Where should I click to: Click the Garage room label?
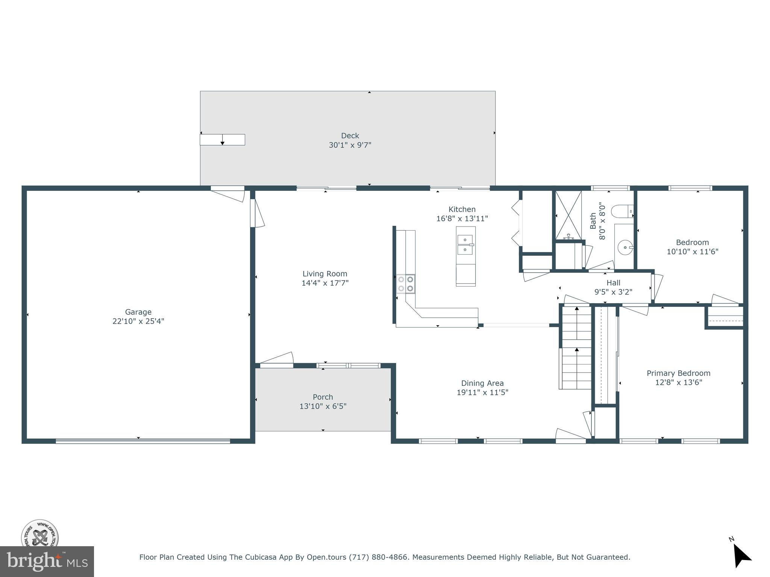pyautogui.click(x=138, y=312)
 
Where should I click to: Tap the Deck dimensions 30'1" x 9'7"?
pyautogui.click(x=350, y=145)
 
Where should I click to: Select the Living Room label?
pyautogui.click(x=325, y=274)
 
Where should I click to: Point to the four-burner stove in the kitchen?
pyautogui.click(x=406, y=284)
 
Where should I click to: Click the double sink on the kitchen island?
pyautogui.click(x=465, y=245)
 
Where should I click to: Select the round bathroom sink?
pyautogui.click(x=625, y=247)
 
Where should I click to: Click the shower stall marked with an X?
pyautogui.click(x=568, y=215)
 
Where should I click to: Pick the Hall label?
pyautogui.click(x=613, y=283)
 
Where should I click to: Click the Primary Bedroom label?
pyautogui.click(x=679, y=373)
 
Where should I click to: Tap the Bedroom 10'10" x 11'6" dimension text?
pyautogui.click(x=693, y=252)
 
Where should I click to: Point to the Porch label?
pyautogui.click(x=323, y=397)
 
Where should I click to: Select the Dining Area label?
pyautogui.click(x=482, y=383)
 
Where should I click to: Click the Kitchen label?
pyautogui.click(x=462, y=209)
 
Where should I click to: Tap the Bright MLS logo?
pyautogui.click(x=47, y=562)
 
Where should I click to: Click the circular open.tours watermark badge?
pyautogui.click(x=39, y=534)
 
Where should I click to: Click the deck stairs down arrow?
pyautogui.click(x=223, y=140)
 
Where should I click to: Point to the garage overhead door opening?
pyautogui.click(x=143, y=441)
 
